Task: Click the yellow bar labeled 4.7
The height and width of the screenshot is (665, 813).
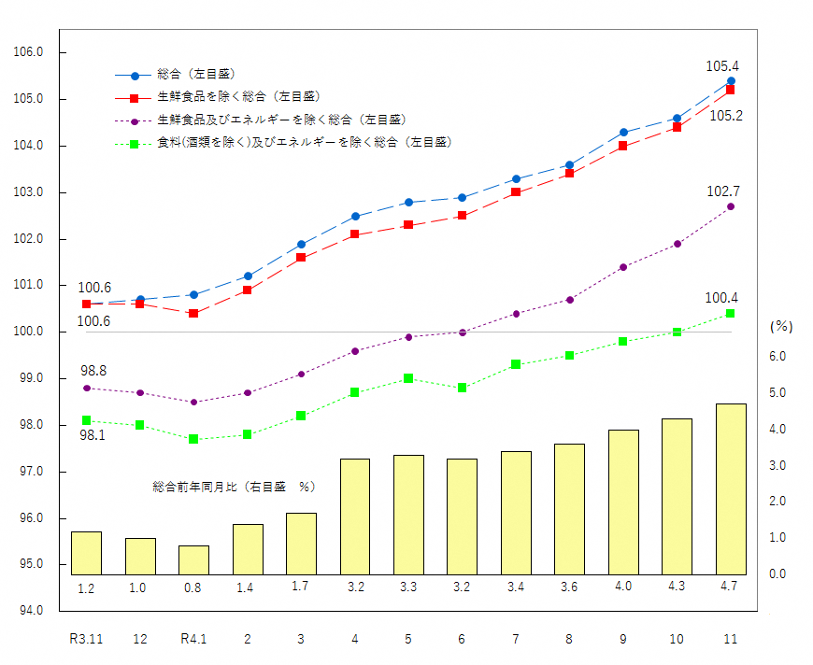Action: (731, 488)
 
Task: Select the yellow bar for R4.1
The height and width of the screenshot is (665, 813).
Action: (193, 559)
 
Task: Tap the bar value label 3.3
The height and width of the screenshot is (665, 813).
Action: (408, 587)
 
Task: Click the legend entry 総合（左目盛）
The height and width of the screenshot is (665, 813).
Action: (195, 74)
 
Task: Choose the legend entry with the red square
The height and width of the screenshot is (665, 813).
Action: (237, 96)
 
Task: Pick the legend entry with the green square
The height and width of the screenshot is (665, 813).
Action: (304, 143)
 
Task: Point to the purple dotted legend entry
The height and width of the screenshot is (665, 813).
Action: (280, 120)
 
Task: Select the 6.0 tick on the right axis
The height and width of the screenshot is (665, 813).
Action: (777, 356)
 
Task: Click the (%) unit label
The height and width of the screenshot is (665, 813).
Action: (781, 327)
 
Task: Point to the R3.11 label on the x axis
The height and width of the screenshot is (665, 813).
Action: (86, 640)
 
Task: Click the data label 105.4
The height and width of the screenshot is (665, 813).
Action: (722, 66)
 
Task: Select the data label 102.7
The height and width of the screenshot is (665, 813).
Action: (722, 191)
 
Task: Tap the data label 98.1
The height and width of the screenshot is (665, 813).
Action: (92, 436)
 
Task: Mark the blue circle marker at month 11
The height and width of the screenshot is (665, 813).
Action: (731, 80)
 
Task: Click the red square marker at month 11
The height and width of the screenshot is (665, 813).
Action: (731, 90)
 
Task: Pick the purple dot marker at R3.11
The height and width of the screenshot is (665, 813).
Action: (86, 388)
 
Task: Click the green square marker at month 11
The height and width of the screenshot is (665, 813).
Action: (731, 313)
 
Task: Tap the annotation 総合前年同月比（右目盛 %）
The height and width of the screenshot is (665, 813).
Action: (234, 487)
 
